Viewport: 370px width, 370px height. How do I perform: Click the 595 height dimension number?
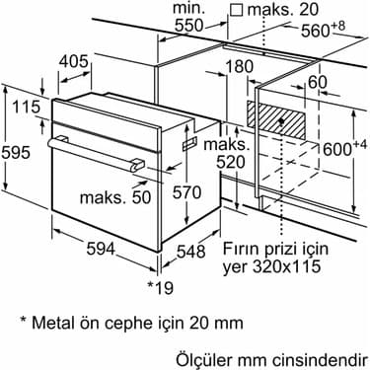pyautogui.click(x=16, y=153)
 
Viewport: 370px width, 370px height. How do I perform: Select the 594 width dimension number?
pyautogui.click(x=101, y=249)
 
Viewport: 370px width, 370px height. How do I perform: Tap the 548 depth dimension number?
pyautogui.click(x=191, y=252)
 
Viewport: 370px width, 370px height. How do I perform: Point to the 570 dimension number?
pyautogui.click(x=186, y=192)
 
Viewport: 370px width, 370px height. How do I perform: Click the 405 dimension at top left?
pyautogui.click(x=74, y=61)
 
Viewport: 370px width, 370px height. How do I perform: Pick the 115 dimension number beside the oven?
pyautogui.click(x=26, y=107)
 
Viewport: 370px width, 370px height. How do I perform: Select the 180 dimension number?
pyautogui.click(x=240, y=66)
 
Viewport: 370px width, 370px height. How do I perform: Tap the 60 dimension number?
pyautogui.click(x=318, y=82)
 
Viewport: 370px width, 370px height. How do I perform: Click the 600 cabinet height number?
pyautogui.click(x=337, y=149)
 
